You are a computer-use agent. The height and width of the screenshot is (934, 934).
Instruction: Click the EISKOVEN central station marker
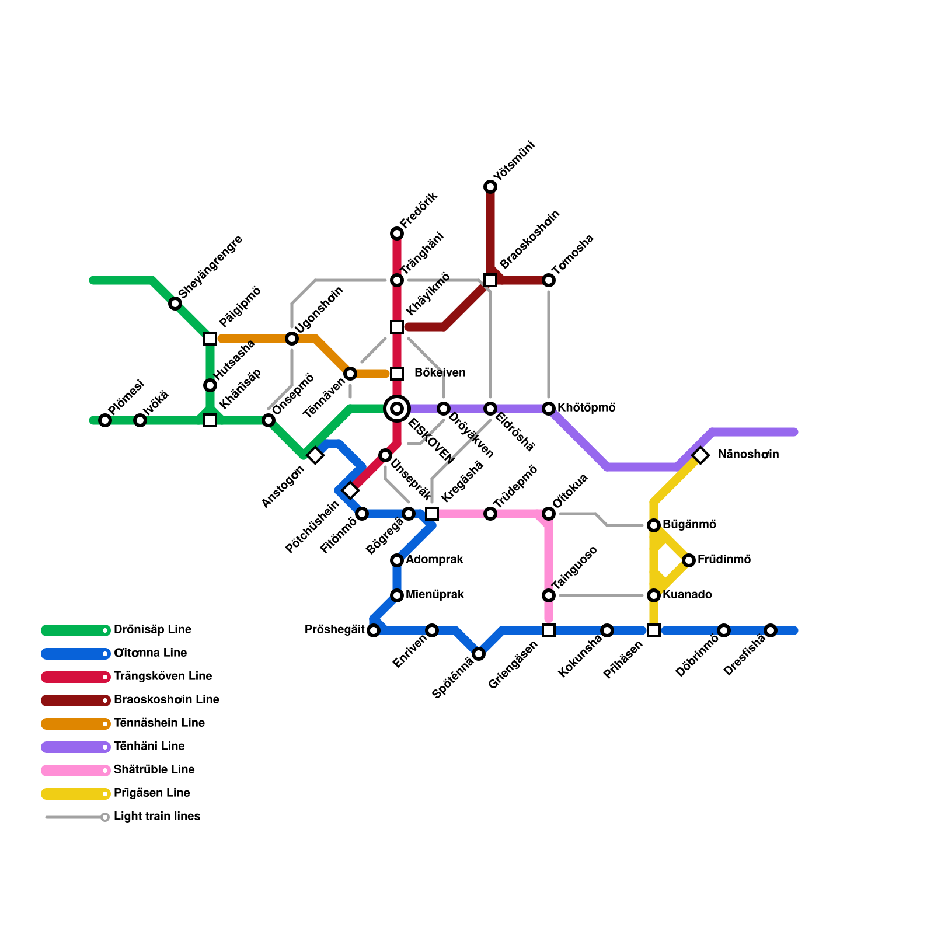(397, 409)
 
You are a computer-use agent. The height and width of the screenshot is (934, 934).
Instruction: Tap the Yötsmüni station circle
(490, 187)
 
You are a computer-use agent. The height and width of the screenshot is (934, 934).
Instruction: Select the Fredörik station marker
(397, 233)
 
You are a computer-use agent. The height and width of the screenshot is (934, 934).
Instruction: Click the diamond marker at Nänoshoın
(700, 455)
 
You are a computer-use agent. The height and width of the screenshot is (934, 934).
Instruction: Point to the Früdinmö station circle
(689, 560)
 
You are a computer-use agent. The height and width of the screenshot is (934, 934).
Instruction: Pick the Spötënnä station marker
(479, 654)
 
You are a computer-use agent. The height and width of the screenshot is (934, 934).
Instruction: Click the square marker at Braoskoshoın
(490, 280)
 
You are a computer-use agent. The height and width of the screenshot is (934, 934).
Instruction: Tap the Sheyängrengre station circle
(175, 304)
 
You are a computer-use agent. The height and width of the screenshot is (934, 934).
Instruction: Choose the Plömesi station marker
(105, 420)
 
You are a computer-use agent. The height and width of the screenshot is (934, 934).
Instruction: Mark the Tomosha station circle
(549, 280)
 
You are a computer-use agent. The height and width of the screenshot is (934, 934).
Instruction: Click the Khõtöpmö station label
(586, 407)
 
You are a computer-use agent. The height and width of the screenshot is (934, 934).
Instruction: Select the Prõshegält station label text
(334, 629)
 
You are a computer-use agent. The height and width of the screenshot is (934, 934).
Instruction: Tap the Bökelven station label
(440, 372)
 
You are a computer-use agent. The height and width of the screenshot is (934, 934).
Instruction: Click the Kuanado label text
(687, 594)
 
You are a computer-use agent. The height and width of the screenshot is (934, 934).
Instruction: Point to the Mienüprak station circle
(397, 595)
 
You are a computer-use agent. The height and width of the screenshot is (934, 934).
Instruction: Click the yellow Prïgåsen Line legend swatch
(76, 794)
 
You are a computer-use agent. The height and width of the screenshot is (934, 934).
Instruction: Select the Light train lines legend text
(157, 816)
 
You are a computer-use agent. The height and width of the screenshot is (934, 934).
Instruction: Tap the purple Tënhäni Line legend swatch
(76, 747)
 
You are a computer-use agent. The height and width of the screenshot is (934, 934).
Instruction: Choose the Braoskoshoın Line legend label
(166, 699)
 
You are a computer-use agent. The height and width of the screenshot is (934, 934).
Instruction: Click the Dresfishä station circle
(771, 630)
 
